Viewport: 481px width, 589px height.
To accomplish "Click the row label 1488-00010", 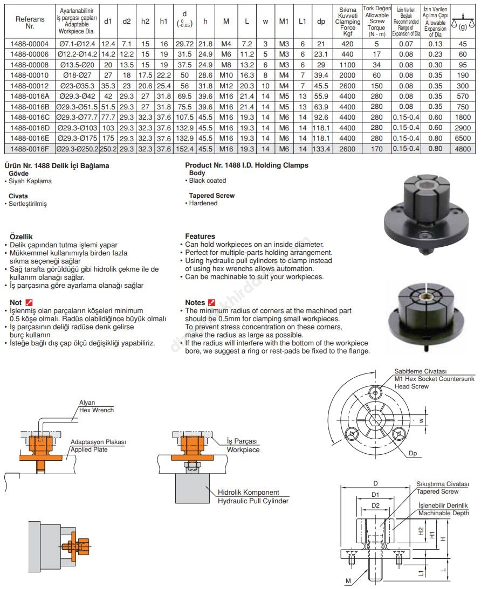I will [30, 75].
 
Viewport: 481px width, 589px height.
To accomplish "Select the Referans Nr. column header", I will [30, 22].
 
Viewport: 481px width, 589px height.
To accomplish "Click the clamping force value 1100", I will [347, 64].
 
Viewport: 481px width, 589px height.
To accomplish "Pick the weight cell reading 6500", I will [463, 138].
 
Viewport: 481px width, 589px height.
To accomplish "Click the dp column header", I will [321, 22].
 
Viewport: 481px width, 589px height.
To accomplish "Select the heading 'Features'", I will [200, 236].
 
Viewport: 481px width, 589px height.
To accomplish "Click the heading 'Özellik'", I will [22, 236].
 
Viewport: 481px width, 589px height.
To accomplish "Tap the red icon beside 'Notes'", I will [212, 302].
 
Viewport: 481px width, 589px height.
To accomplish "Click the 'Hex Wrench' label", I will [97, 410].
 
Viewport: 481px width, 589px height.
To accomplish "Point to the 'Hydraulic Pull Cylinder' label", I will [253, 501].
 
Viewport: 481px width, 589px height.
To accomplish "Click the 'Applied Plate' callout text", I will [89, 449].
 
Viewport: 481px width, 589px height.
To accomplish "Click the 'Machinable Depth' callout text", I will [444, 513].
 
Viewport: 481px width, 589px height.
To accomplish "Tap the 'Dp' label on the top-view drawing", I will [413, 454].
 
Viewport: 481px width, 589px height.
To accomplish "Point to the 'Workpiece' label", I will [243, 449].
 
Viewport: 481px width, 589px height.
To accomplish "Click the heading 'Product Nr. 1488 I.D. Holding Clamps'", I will [246, 165].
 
